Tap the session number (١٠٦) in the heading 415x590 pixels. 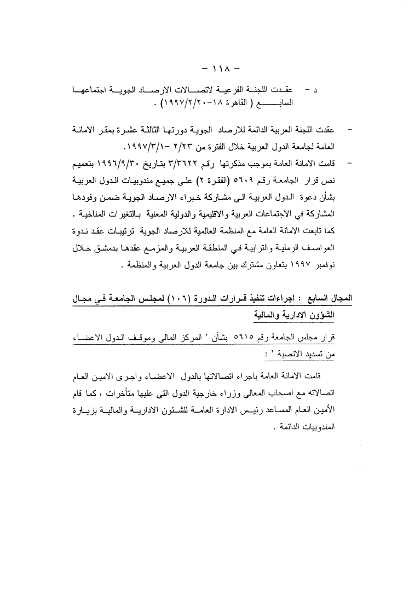[182, 300]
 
